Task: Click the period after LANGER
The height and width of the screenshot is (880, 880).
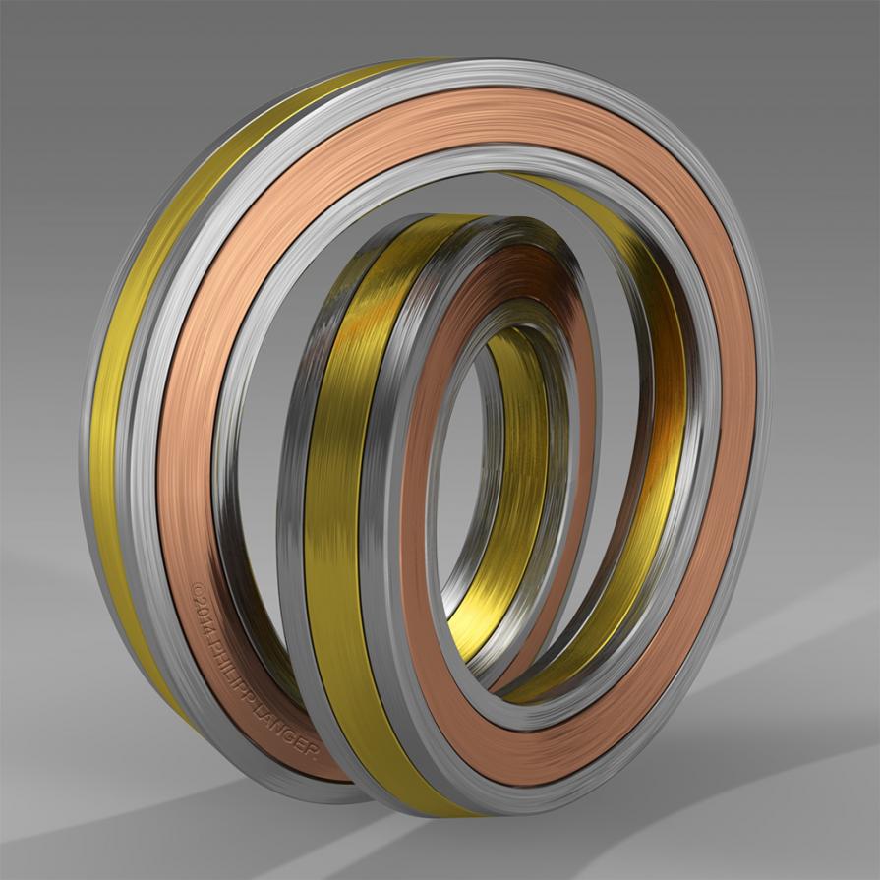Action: click(x=316, y=755)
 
